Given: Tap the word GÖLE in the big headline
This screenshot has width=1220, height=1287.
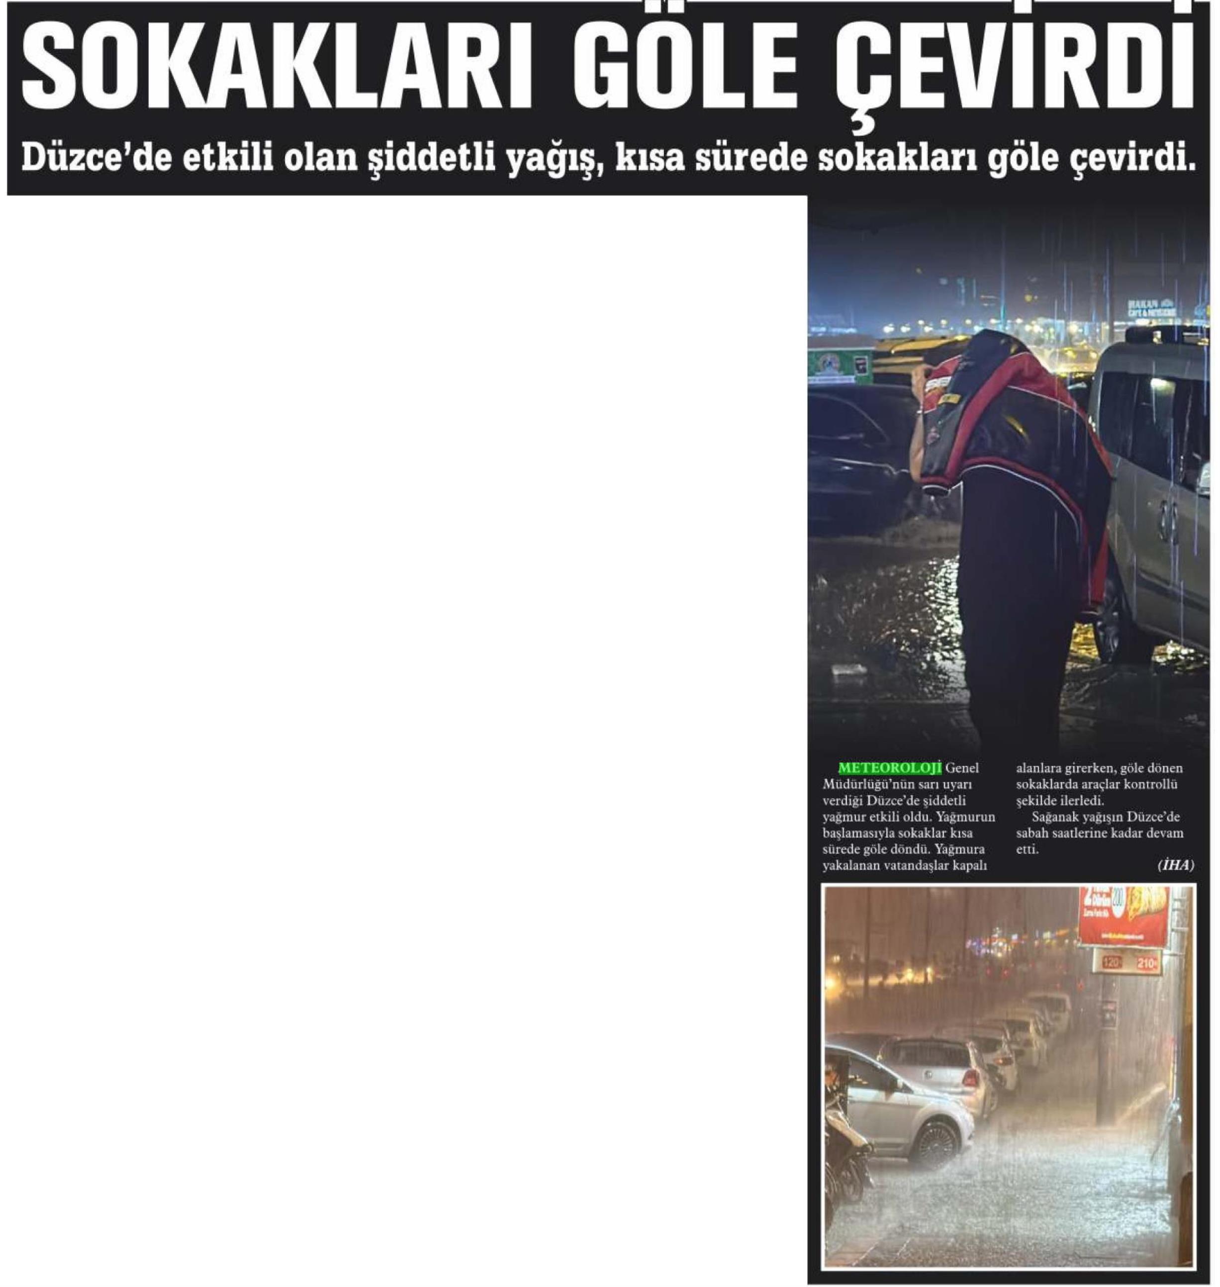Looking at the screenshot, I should [699, 65].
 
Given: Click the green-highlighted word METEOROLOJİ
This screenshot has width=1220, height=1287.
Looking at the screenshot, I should [890, 768].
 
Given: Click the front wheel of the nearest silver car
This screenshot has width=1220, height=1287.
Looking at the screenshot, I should [937, 1145].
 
